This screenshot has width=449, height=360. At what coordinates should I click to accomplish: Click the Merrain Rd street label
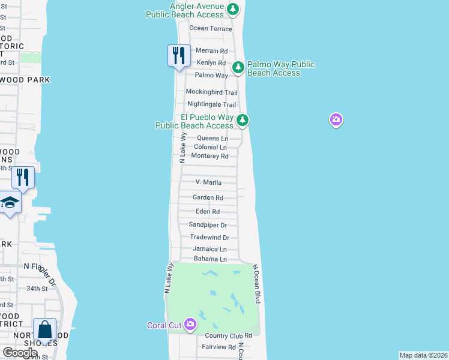coord(211,51)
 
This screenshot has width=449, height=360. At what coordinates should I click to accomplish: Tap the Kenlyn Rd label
coord(210,62)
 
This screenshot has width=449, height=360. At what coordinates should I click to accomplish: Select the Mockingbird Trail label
coord(211,92)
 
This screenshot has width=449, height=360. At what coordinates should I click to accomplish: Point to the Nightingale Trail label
coord(207,104)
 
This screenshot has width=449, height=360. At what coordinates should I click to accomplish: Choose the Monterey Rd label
coord(209,156)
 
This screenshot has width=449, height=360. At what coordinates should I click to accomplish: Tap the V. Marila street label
coord(209,182)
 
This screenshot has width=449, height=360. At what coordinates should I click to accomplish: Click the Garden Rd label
coord(208,197)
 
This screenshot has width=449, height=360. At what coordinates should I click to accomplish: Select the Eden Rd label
coord(208,212)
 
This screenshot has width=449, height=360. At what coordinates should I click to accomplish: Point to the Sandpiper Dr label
coord(208,225)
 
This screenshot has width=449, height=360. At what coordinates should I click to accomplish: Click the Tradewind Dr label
coord(209,238)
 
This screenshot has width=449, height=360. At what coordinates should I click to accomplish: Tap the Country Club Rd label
coord(228,335)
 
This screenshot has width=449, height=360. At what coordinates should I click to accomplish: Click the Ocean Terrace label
coord(210,28)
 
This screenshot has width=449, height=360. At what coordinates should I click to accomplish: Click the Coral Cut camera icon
coord(190,325)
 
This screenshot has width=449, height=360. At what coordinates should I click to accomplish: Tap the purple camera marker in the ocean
coord(336,120)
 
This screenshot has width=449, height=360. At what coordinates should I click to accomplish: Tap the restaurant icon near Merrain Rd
coord(178,56)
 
